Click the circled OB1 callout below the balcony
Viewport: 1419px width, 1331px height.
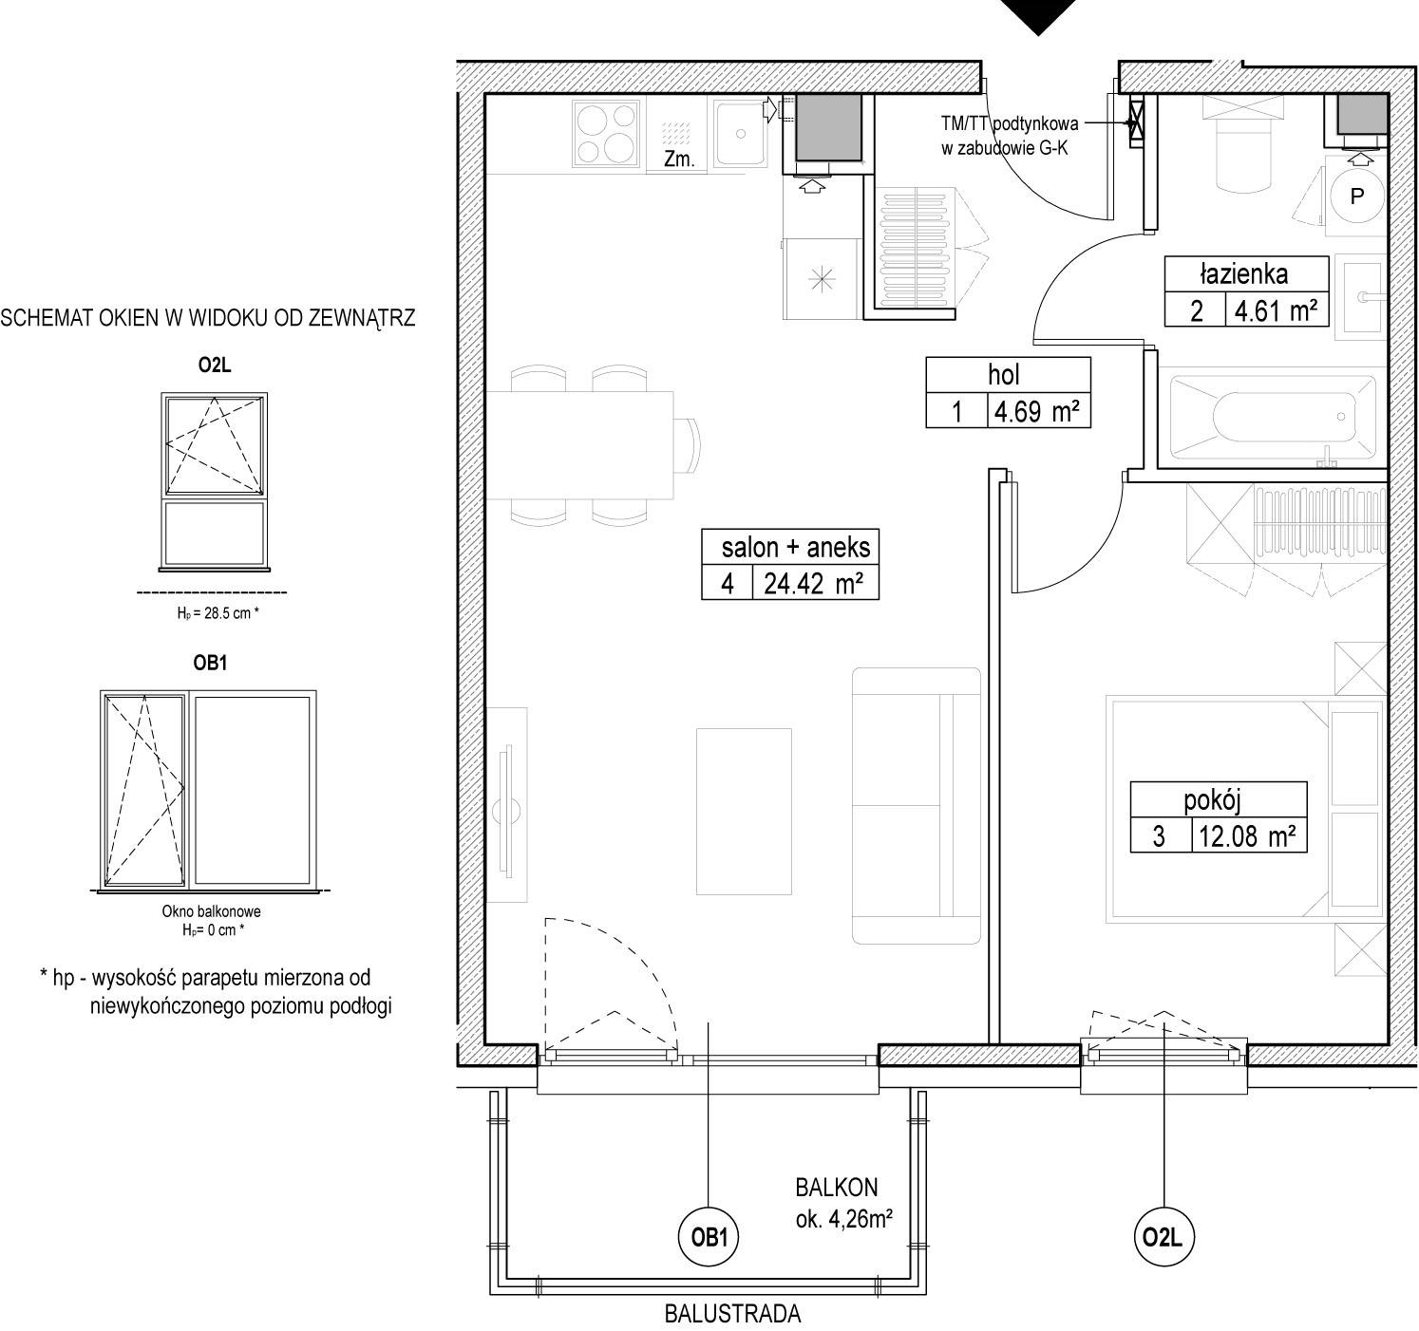[x=708, y=1237]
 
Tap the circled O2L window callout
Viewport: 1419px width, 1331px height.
[x=1164, y=1237]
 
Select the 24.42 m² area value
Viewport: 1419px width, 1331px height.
[x=814, y=584]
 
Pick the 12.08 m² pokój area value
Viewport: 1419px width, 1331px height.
[x=1247, y=835]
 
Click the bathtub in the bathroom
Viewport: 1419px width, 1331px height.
[x=1273, y=417]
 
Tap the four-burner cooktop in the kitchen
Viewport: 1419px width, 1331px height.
[x=607, y=134]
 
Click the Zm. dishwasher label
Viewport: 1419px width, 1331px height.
[x=679, y=159]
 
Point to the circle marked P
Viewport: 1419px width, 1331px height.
[x=1357, y=196]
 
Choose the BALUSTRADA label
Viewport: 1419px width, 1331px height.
[x=732, y=1313]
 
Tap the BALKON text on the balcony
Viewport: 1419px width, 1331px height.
[x=836, y=1187]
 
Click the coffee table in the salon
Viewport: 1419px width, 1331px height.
[x=744, y=811]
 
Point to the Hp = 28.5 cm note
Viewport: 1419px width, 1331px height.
[x=218, y=613]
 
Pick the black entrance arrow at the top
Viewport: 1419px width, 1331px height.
[x=1038, y=17]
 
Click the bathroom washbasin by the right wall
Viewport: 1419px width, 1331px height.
[x=1366, y=296]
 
